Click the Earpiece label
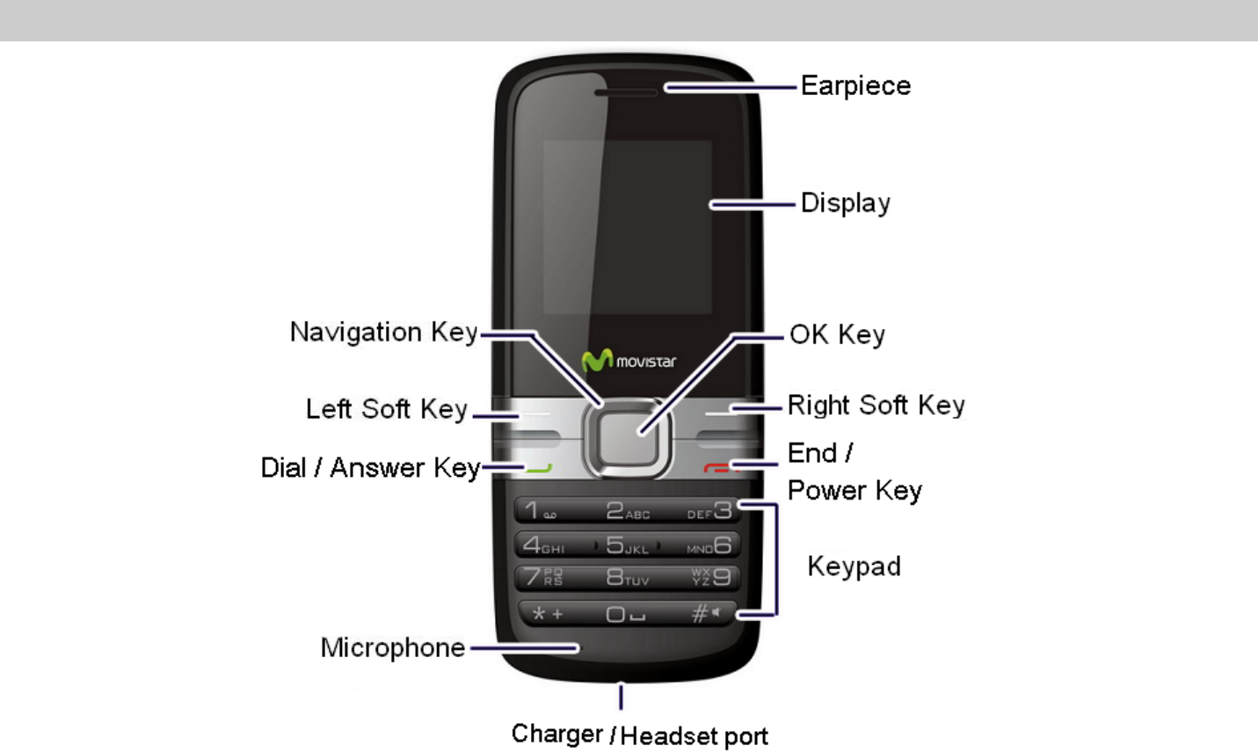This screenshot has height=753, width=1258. (x=855, y=86)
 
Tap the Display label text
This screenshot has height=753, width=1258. (x=845, y=203)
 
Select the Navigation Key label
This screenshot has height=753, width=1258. (x=384, y=333)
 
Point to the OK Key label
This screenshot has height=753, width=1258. (x=837, y=335)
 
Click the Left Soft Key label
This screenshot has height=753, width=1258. (x=387, y=409)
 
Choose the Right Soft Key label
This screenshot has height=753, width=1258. (x=876, y=406)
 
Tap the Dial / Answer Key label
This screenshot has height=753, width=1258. (x=370, y=468)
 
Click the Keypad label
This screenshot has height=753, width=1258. (x=854, y=566)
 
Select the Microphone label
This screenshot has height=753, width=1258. (x=393, y=648)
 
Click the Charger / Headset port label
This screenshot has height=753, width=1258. (x=639, y=735)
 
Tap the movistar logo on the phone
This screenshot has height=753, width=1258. (x=629, y=361)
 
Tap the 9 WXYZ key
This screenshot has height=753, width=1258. (x=713, y=577)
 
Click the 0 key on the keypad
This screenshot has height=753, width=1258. (x=625, y=614)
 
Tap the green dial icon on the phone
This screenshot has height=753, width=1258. (x=539, y=468)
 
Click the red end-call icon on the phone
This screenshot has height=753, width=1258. (x=716, y=468)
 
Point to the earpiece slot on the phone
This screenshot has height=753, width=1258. (x=626, y=91)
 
